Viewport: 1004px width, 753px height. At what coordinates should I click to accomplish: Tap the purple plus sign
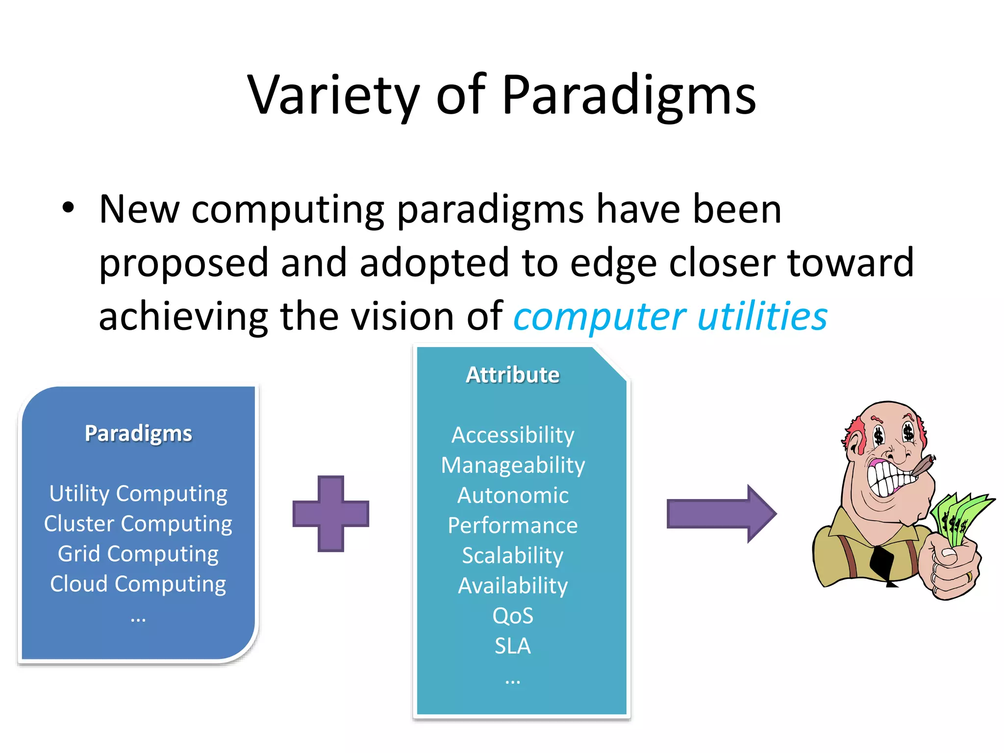tap(331, 514)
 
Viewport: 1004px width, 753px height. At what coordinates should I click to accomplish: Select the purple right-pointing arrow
tap(721, 514)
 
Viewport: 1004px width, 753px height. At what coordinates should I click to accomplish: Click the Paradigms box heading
tap(138, 433)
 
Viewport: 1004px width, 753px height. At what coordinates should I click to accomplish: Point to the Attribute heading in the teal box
tap(512, 375)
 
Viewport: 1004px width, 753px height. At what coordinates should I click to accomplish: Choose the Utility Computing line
tap(138, 493)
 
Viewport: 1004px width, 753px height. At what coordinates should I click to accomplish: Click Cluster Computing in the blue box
tap(138, 524)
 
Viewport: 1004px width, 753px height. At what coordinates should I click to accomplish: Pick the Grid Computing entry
tap(138, 554)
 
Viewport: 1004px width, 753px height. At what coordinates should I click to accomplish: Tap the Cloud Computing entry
tap(138, 584)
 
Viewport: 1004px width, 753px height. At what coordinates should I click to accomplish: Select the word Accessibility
tap(512, 435)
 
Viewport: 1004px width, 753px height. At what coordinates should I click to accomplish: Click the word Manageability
tap(512, 465)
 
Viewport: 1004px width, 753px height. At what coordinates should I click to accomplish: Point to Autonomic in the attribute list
tap(512, 495)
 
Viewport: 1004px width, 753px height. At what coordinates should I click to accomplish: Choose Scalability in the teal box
tap(512, 555)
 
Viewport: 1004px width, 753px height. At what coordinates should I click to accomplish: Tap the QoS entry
tap(512, 616)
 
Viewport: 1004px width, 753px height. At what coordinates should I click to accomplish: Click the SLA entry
tap(512, 646)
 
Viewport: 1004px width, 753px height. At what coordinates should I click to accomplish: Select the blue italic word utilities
tap(762, 316)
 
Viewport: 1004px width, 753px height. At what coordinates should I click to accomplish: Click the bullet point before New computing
tap(68, 208)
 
